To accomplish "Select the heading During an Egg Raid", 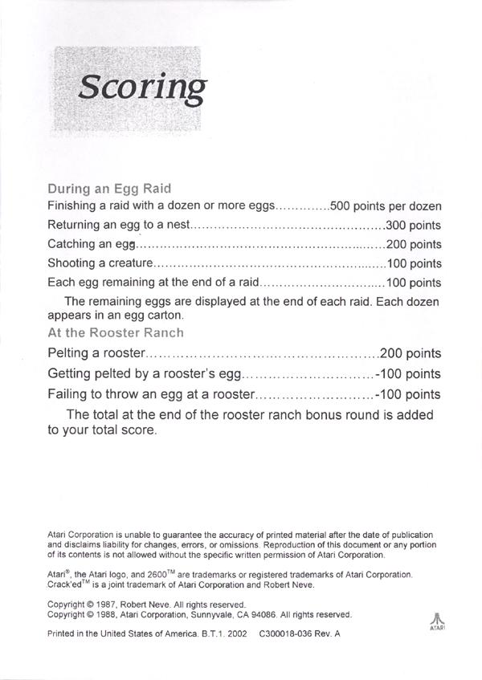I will click(x=109, y=189).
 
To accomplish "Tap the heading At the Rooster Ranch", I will click(x=116, y=332).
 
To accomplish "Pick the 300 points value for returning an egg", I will click(x=414, y=226).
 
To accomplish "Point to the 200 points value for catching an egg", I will click(x=414, y=244).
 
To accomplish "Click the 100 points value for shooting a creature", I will click(x=414, y=263).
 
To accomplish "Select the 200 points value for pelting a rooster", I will click(x=410, y=353).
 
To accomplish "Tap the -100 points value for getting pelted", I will click(x=407, y=374).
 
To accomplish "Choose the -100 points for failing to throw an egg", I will click(x=407, y=394).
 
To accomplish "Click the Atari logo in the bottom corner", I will click(x=436, y=623).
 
